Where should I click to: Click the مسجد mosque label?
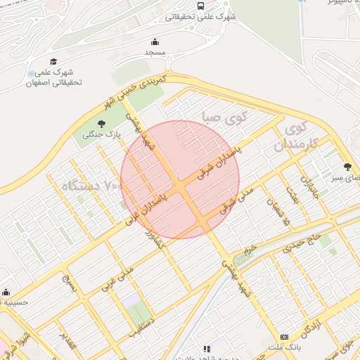tap(155, 53)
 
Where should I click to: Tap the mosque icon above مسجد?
tap(155, 41)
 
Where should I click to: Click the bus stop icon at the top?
tap(201, 6)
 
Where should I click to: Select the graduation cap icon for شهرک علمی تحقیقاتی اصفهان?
tap(53, 62)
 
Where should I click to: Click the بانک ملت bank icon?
tap(284, 337)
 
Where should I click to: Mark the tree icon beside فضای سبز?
tap(348, 167)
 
